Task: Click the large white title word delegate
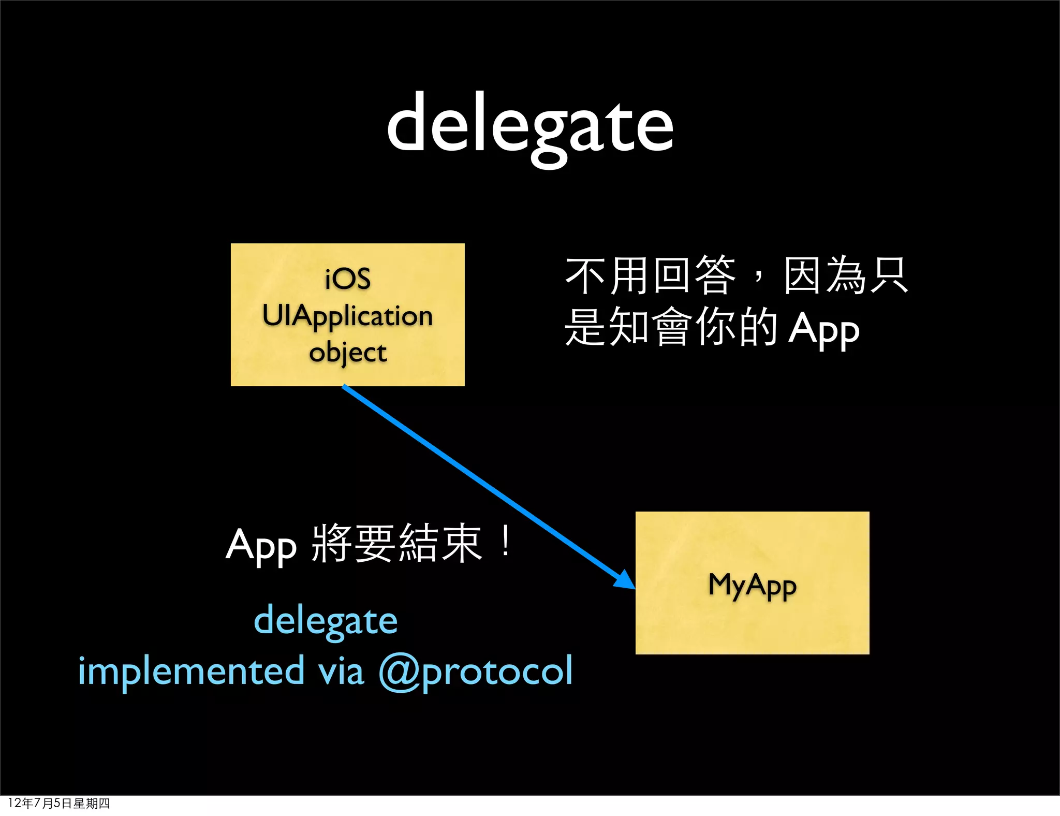(x=530, y=124)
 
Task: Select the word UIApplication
(x=347, y=316)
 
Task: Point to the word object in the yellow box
(x=348, y=353)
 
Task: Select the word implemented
(x=191, y=671)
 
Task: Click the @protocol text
(x=476, y=672)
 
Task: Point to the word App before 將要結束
(x=261, y=546)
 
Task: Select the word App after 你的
(x=824, y=329)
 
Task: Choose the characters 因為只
(x=846, y=275)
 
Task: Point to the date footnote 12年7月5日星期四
(x=59, y=803)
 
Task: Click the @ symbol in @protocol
(x=399, y=672)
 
